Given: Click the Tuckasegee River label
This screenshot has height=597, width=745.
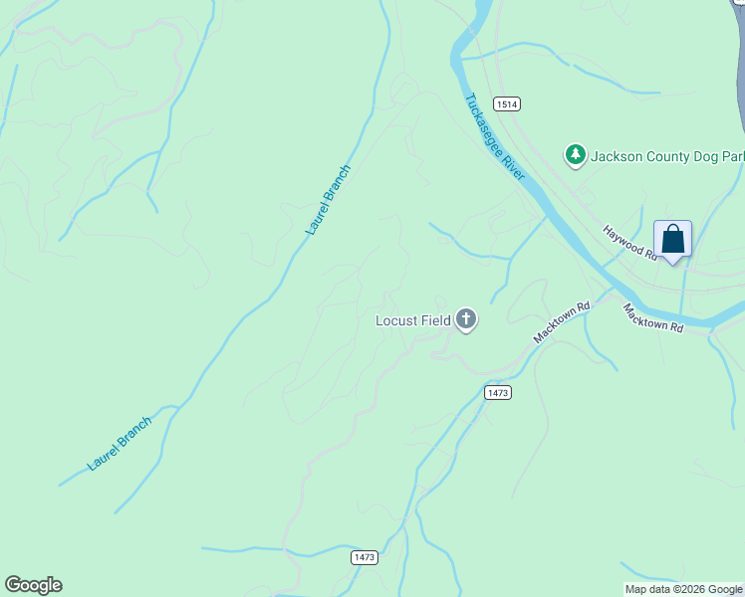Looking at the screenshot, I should click(x=494, y=138).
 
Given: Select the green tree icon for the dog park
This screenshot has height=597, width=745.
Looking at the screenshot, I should click(x=574, y=154).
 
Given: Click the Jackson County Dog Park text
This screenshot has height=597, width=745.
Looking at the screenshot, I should click(x=666, y=156).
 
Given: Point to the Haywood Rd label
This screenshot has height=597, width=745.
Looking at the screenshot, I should click(x=631, y=243).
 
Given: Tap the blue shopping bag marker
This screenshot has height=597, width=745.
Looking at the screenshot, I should click(x=672, y=240).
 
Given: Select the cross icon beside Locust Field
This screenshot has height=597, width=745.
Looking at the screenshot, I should click(x=465, y=319).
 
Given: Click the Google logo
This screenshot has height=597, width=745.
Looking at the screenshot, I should click(x=33, y=585).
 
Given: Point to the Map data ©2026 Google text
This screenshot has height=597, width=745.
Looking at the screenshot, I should click(x=684, y=589).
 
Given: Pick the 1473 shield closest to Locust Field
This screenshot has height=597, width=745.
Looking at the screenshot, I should click(x=498, y=393).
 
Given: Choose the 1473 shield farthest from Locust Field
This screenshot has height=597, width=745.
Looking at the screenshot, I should click(x=364, y=557).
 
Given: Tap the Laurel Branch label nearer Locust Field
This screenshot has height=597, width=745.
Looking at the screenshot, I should click(x=329, y=200).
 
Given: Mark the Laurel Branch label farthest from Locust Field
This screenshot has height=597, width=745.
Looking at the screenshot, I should click(x=120, y=444).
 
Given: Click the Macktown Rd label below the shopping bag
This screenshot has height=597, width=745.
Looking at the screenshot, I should click(x=653, y=317).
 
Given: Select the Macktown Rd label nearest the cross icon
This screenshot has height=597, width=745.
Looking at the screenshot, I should click(x=562, y=323).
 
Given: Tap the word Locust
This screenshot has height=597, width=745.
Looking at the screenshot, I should click(x=395, y=320).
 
